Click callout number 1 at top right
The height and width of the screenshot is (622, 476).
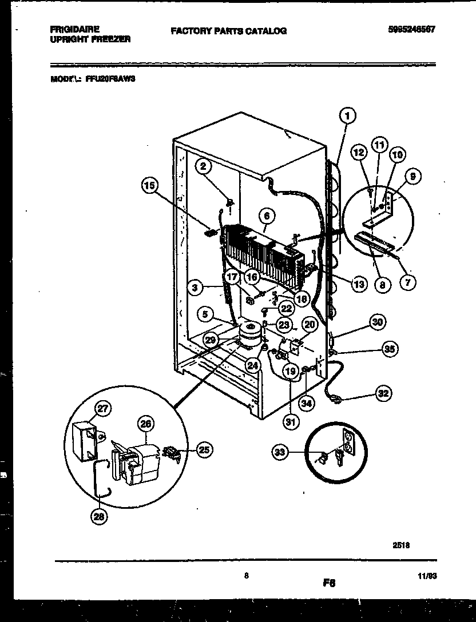point(347,116)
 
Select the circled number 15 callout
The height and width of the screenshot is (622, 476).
point(149,185)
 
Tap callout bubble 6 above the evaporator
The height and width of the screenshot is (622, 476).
point(267,216)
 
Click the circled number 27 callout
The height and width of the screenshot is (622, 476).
point(104,408)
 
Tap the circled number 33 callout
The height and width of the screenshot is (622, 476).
point(280,453)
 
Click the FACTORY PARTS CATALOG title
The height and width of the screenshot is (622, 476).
point(228,31)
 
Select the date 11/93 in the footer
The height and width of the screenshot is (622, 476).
point(427,578)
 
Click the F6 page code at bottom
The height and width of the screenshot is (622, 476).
point(328,583)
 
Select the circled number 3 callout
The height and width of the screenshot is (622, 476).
point(196,289)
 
